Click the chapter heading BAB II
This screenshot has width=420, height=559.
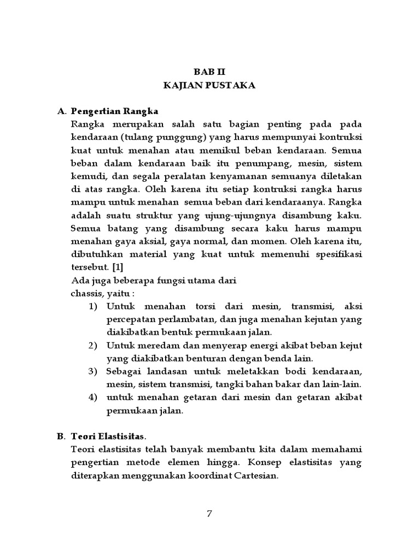click(209, 72)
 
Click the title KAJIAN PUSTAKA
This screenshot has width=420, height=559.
click(209, 86)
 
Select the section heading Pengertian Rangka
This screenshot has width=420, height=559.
click(114, 111)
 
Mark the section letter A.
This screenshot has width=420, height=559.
click(61, 111)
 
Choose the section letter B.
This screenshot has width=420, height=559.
click(61, 436)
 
